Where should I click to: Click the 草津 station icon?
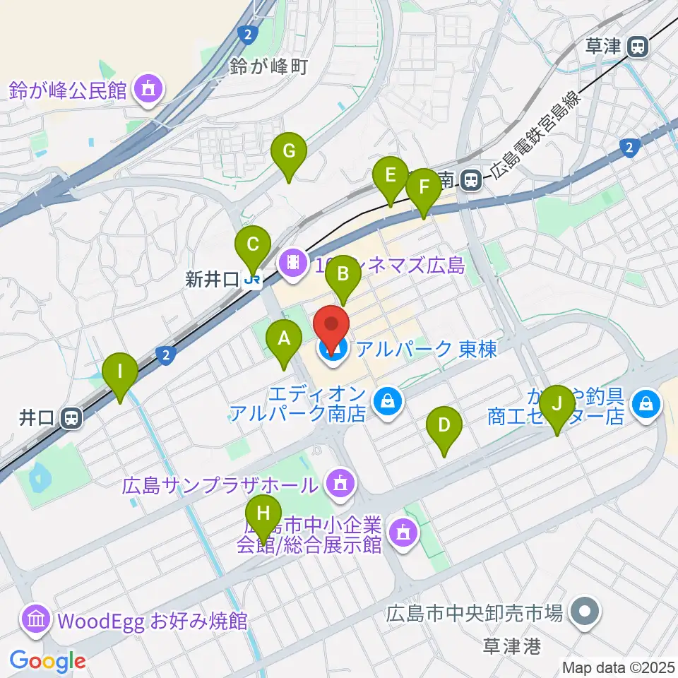point(638,47)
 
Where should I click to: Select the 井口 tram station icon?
point(70,418)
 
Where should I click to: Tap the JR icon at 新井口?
point(251,280)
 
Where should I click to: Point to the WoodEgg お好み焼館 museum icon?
point(35,619)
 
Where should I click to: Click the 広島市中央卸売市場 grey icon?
point(585,610)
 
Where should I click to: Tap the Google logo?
point(47,661)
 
